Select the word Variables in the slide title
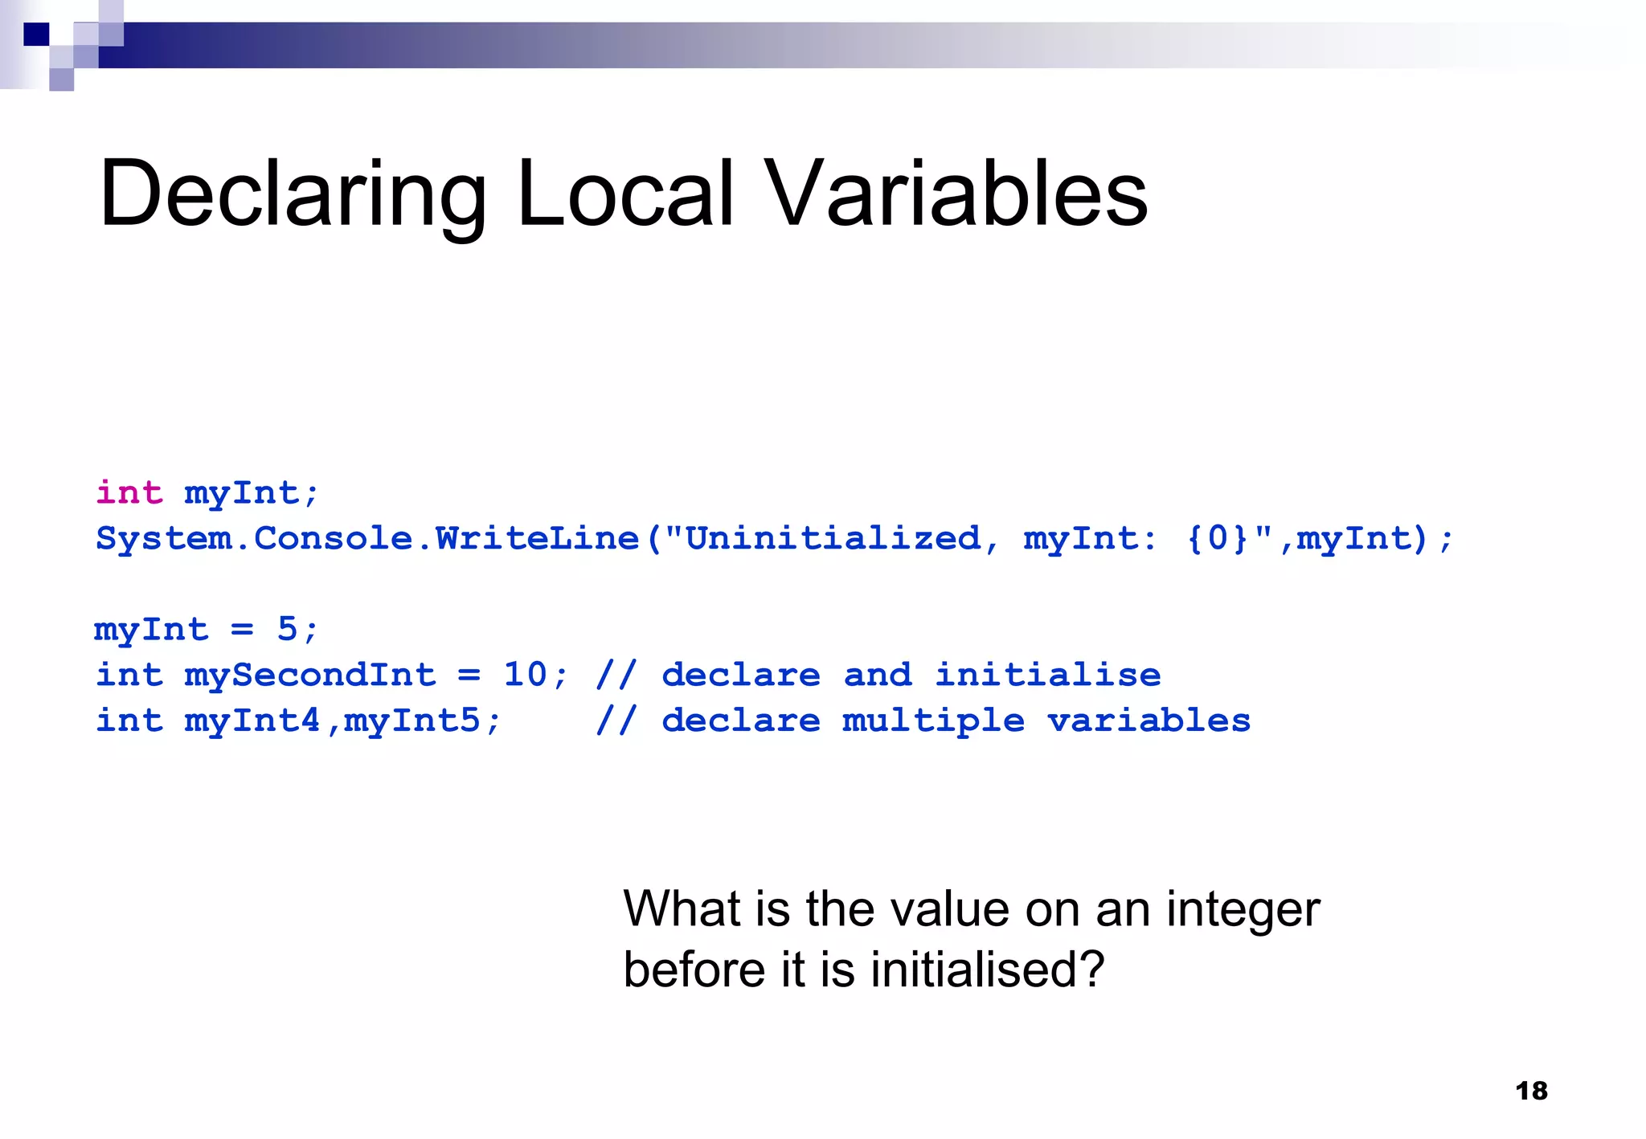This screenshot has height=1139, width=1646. (956, 194)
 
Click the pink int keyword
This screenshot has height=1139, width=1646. (129, 492)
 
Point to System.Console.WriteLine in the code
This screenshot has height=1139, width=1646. (367, 539)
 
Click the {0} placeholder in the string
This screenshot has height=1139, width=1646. (1218, 538)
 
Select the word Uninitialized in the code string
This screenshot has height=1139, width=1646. (833, 538)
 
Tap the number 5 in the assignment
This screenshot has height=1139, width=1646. (287, 629)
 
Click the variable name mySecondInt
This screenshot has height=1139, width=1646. (310, 675)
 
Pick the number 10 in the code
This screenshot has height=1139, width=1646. (526, 675)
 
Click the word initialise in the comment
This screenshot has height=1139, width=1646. (1048, 675)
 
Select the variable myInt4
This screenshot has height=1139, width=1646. (252, 721)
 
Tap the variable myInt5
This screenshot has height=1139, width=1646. (412, 721)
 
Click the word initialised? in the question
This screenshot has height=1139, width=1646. (988, 970)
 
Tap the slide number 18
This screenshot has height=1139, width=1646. (1531, 1091)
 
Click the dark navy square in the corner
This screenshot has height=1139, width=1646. (36, 35)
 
